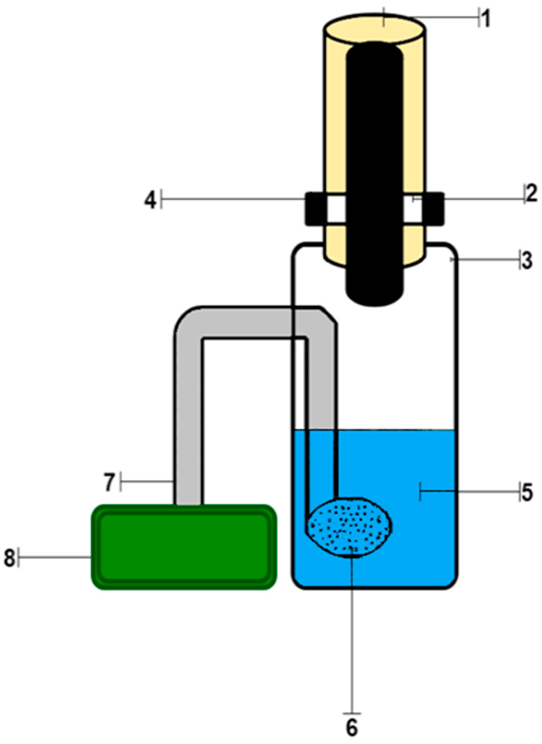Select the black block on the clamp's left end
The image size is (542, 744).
pos(315,209)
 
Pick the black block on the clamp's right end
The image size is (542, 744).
pos(434,209)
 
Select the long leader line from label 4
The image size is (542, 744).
pos(232,199)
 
